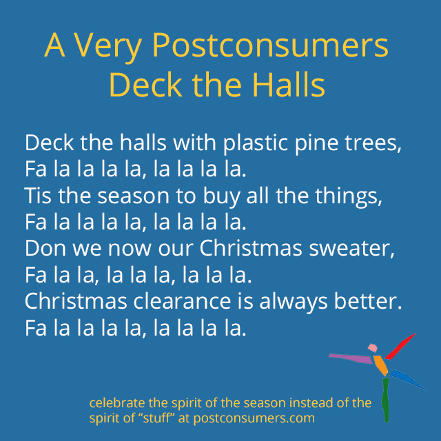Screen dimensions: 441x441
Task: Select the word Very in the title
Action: [107, 48]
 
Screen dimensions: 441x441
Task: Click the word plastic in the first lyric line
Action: [256, 143]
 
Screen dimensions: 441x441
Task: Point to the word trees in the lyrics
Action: [373, 144]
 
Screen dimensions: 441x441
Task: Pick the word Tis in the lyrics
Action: [38, 196]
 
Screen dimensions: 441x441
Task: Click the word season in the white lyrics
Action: [133, 196]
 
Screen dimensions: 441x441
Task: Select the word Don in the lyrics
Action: [45, 248]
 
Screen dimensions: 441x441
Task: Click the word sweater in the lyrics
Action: [352, 249]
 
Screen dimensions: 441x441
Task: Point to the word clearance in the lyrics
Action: [182, 301]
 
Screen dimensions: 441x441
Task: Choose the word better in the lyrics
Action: [368, 301]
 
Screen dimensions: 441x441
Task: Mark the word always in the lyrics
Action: [294, 302]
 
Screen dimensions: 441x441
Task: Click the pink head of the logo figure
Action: [372, 348]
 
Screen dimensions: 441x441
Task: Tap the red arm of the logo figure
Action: [400, 347]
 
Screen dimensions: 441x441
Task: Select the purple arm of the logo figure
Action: [351, 358]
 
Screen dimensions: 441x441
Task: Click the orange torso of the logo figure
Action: [381, 366]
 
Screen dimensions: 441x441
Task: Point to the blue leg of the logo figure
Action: [408, 380]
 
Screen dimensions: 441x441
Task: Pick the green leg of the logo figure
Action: [386, 400]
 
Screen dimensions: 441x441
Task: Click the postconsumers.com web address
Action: [254, 418]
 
